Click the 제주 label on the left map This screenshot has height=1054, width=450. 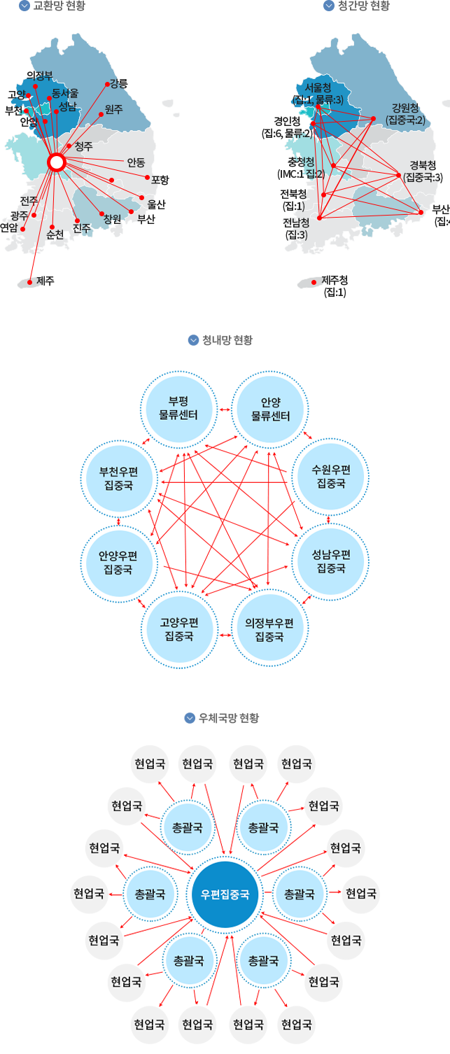(x=45, y=281)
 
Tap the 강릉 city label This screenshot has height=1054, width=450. (x=119, y=83)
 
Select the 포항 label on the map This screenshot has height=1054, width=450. (x=160, y=180)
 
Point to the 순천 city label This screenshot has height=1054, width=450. (x=55, y=235)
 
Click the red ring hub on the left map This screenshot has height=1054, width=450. (x=57, y=162)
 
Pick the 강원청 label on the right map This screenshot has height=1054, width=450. (x=405, y=114)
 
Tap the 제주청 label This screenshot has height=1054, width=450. (x=335, y=286)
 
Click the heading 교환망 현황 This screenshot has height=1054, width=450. (x=59, y=6)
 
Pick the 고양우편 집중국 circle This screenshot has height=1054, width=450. (x=178, y=628)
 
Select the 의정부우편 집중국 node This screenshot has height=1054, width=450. (x=269, y=628)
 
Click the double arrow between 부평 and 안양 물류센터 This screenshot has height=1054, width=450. (x=225, y=409)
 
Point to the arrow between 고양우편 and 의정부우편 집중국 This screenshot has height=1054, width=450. (x=225, y=635)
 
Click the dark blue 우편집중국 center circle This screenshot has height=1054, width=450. (x=225, y=894)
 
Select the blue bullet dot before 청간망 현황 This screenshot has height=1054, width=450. (x=328, y=6)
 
